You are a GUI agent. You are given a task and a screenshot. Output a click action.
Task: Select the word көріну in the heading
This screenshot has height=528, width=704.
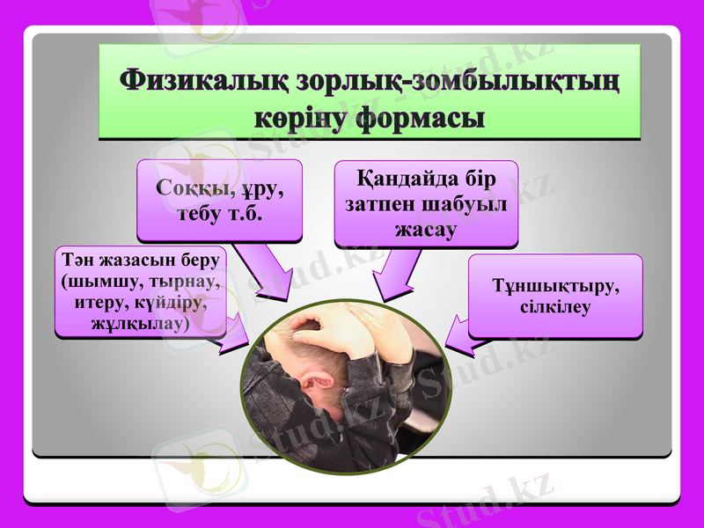tap(300, 118)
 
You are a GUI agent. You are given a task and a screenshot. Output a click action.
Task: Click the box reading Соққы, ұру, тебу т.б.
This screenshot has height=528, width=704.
tap(219, 201)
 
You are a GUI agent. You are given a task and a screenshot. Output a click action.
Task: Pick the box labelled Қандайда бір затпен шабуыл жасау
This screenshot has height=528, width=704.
tap(426, 203)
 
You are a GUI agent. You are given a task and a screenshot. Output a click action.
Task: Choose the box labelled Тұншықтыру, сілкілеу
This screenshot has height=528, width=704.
tap(554, 297)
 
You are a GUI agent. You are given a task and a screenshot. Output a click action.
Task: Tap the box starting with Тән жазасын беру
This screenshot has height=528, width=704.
tap(141, 291)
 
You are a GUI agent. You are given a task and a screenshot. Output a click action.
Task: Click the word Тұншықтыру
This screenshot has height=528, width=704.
tap(554, 287)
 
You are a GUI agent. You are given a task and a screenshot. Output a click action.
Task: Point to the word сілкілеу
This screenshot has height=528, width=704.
tap(554, 307)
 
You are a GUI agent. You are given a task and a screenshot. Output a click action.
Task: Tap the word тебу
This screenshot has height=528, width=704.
tap(193, 214)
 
